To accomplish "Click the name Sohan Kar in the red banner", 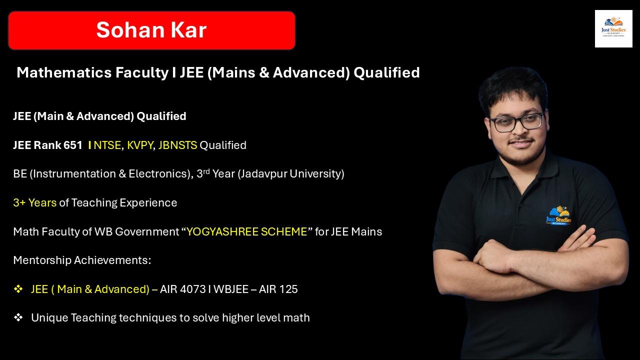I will [x=151, y=30].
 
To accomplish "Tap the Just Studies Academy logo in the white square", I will [x=613, y=29].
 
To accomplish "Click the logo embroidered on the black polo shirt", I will [x=558, y=216].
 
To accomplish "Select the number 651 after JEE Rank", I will [x=73, y=145].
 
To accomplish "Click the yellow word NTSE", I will [x=107, y=145].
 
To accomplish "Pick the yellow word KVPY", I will [x=140, y=145].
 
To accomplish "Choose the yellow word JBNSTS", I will [x=177, y=145].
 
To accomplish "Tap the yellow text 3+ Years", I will [x=34, y=203].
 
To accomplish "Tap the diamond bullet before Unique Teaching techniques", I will [x=18, y=317].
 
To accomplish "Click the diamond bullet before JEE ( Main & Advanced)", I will [x=18, y=289].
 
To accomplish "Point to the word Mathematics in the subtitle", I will [x=64, y=73].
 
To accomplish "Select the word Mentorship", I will [x=42, y=260].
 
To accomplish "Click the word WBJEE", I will [x=231, y=289].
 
